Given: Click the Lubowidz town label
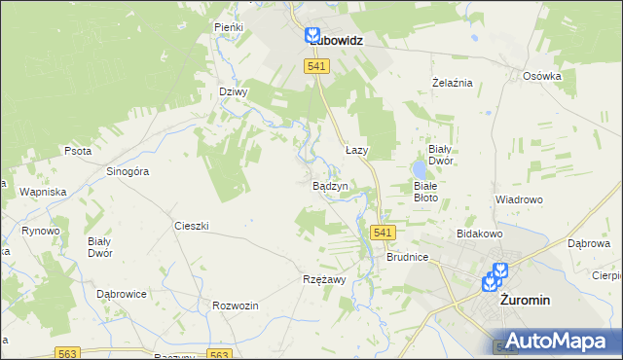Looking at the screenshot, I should click(x=335, y=42).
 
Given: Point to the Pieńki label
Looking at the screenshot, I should click(x=228, y=28).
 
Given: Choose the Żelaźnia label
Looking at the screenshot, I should click(x=452, y=83).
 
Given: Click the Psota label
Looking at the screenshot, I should click(x=77, y=152).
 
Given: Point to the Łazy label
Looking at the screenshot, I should click(x=356, y=151).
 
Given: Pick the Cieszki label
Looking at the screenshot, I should click(x=192, y=226).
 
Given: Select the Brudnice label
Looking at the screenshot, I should click(x=407, y=259).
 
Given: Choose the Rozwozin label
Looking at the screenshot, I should click(x=235, y=306).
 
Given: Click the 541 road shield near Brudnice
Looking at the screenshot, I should click(x=383, y=233).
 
